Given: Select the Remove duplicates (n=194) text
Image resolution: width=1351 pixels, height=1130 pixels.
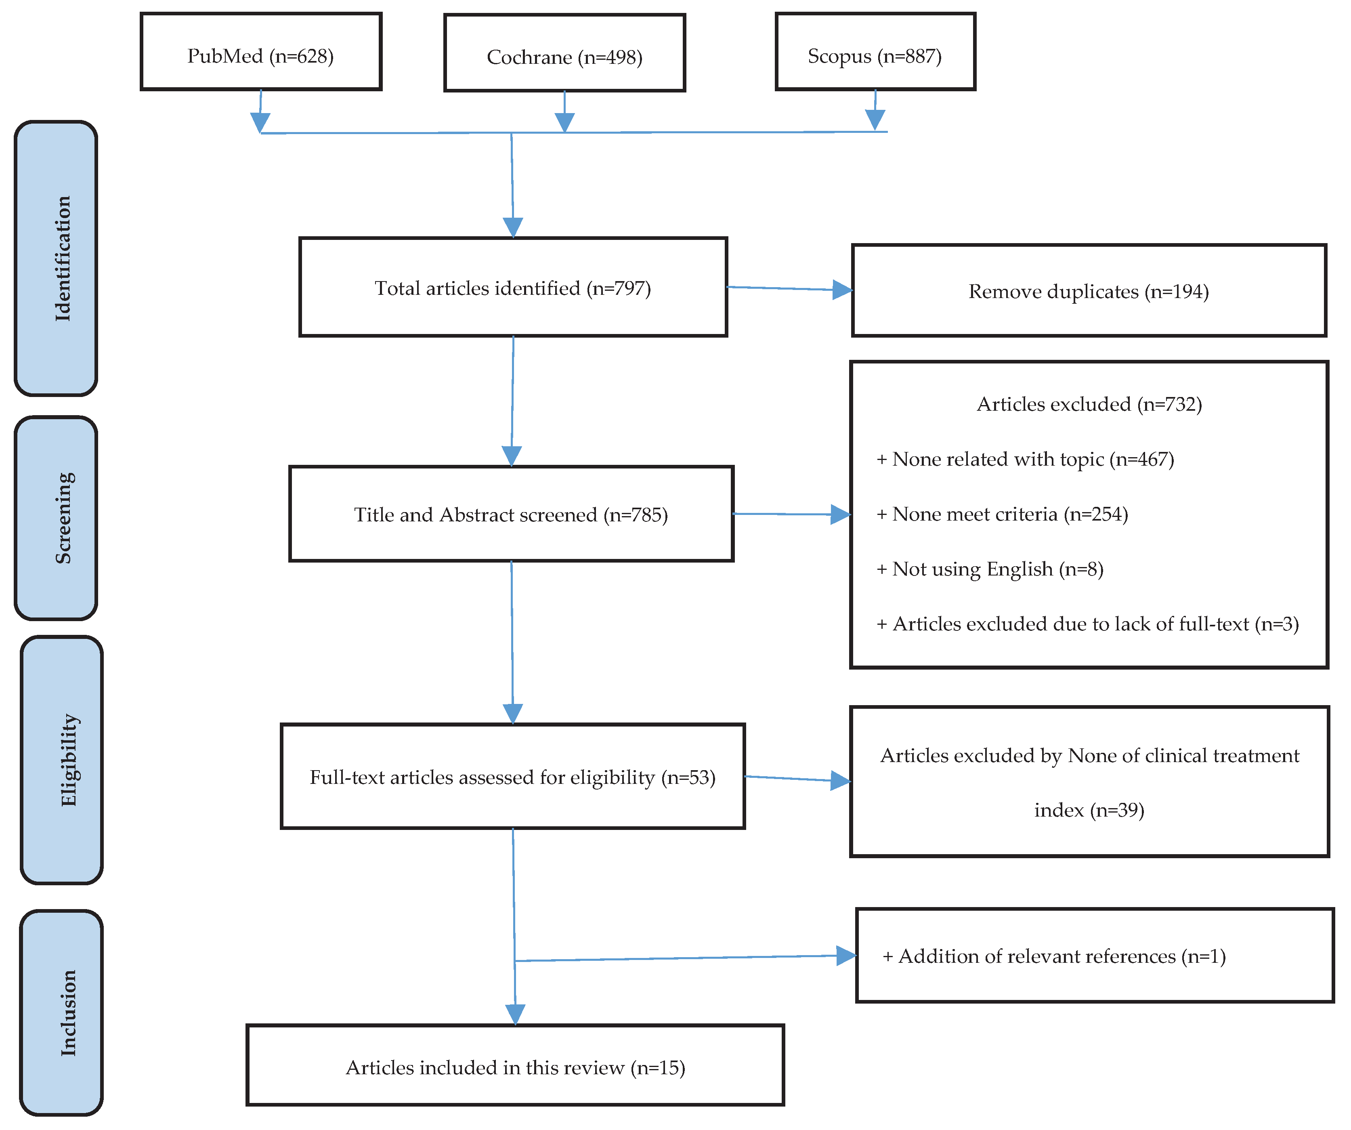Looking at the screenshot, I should [1089, 292].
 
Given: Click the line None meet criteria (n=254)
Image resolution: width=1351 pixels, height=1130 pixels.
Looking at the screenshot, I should [1002, 514].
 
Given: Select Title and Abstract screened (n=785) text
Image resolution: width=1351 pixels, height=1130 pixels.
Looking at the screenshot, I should [511, 515].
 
